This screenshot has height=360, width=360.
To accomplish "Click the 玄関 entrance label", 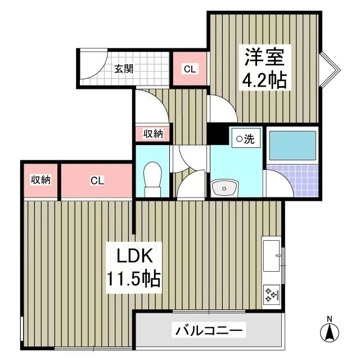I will [x=124, y=69].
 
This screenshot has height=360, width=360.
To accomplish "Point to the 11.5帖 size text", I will [x=134, y=278].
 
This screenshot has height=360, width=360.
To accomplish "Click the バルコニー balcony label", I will [x=209, y=330].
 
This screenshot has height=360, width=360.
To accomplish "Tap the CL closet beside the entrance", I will [x=190, y=69].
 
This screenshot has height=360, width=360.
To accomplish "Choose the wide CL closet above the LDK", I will [x=97, y=181].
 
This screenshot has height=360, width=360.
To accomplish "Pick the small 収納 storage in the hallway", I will [x=152, y=134].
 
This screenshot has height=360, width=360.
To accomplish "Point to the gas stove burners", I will [x=272, y=294].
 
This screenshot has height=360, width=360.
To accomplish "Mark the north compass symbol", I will [x=329, y=330].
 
